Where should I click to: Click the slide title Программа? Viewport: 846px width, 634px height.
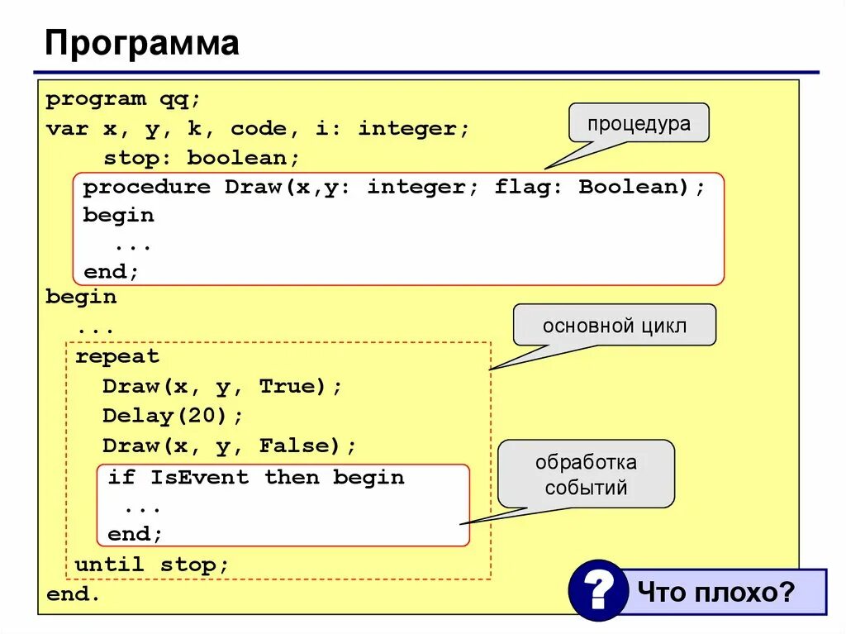(141, 43)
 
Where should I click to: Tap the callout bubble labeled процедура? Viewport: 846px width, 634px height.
(638, 123)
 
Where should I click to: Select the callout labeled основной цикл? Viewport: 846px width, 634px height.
(614, 325)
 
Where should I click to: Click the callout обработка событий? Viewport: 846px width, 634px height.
(586, 474)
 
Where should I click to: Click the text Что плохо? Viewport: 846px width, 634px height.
(715, 592)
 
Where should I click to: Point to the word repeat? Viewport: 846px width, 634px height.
(116, 357)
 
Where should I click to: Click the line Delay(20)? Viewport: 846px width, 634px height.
(173, 416)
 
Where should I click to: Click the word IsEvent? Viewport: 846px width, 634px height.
(198, 477)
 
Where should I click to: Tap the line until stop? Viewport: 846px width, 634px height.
(151, 565)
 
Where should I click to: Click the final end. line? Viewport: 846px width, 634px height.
(73, 593)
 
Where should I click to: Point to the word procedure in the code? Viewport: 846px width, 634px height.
(146, 187)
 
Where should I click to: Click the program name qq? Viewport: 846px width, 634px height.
(180, 99)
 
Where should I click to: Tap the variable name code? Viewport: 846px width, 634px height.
(259, 129)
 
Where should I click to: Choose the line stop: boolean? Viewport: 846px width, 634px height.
(201, 157)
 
